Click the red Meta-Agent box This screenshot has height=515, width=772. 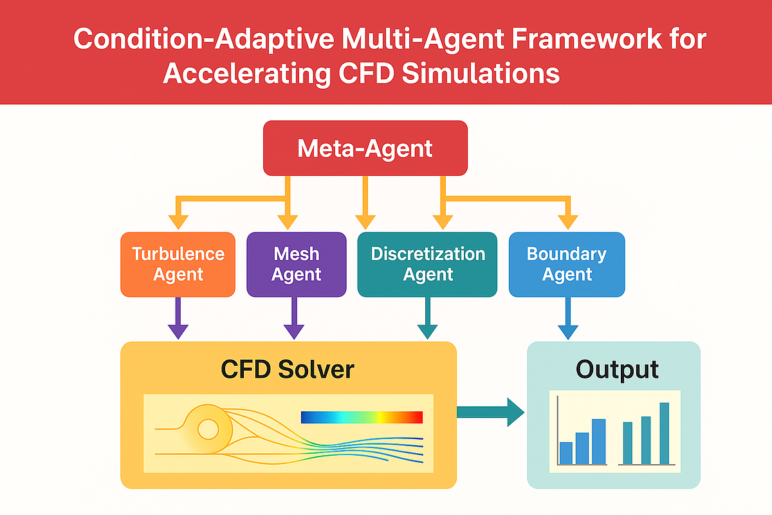pyautogui.click(x=365, y=149)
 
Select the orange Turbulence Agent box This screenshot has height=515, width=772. pyautogui.click(x=178, y=265)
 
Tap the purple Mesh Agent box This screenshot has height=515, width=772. pyautogui.click(x=296, y=265)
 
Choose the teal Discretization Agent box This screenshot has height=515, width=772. pyautogui.click(x=427, y=265)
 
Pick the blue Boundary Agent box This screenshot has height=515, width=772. pyautogui.click(x=566, y=265)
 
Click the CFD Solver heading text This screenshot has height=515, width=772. pyautogui.click(x=287, y=370)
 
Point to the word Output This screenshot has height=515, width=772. pyautogui.click(x=617, y=370)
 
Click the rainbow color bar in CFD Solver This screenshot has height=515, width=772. pyautogui.click(x=362, y=417)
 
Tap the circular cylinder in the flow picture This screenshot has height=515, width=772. pyautogui.click(x=208, y=427)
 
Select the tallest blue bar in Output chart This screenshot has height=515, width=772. pyautogui.click(x=599, y=442)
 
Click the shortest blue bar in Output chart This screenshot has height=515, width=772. pyautogui.click(x=566, y=453)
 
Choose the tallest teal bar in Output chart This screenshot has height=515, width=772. pyautogui.click(x=665, y=433)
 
